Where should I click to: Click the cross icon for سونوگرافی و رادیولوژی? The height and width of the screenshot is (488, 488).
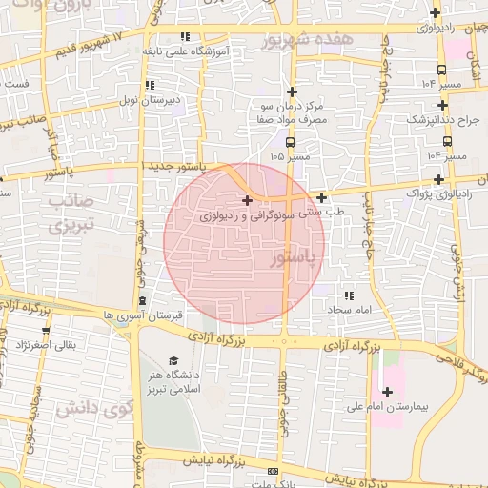[x=248, y=200]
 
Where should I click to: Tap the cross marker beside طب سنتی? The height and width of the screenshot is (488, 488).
[x=322, y=198]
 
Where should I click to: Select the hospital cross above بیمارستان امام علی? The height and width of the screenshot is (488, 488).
[x=387, y=392]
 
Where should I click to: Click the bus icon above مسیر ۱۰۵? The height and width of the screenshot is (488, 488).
[x=290, y=142]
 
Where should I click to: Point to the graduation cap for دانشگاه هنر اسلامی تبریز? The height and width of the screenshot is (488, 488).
[x=173, y=360]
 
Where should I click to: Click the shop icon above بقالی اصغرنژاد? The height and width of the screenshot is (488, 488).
[x=41, y=329]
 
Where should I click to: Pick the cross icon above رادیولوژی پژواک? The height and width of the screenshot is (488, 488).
[x=438, y=178]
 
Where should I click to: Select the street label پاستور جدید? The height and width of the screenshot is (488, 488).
[x=172, y=166]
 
